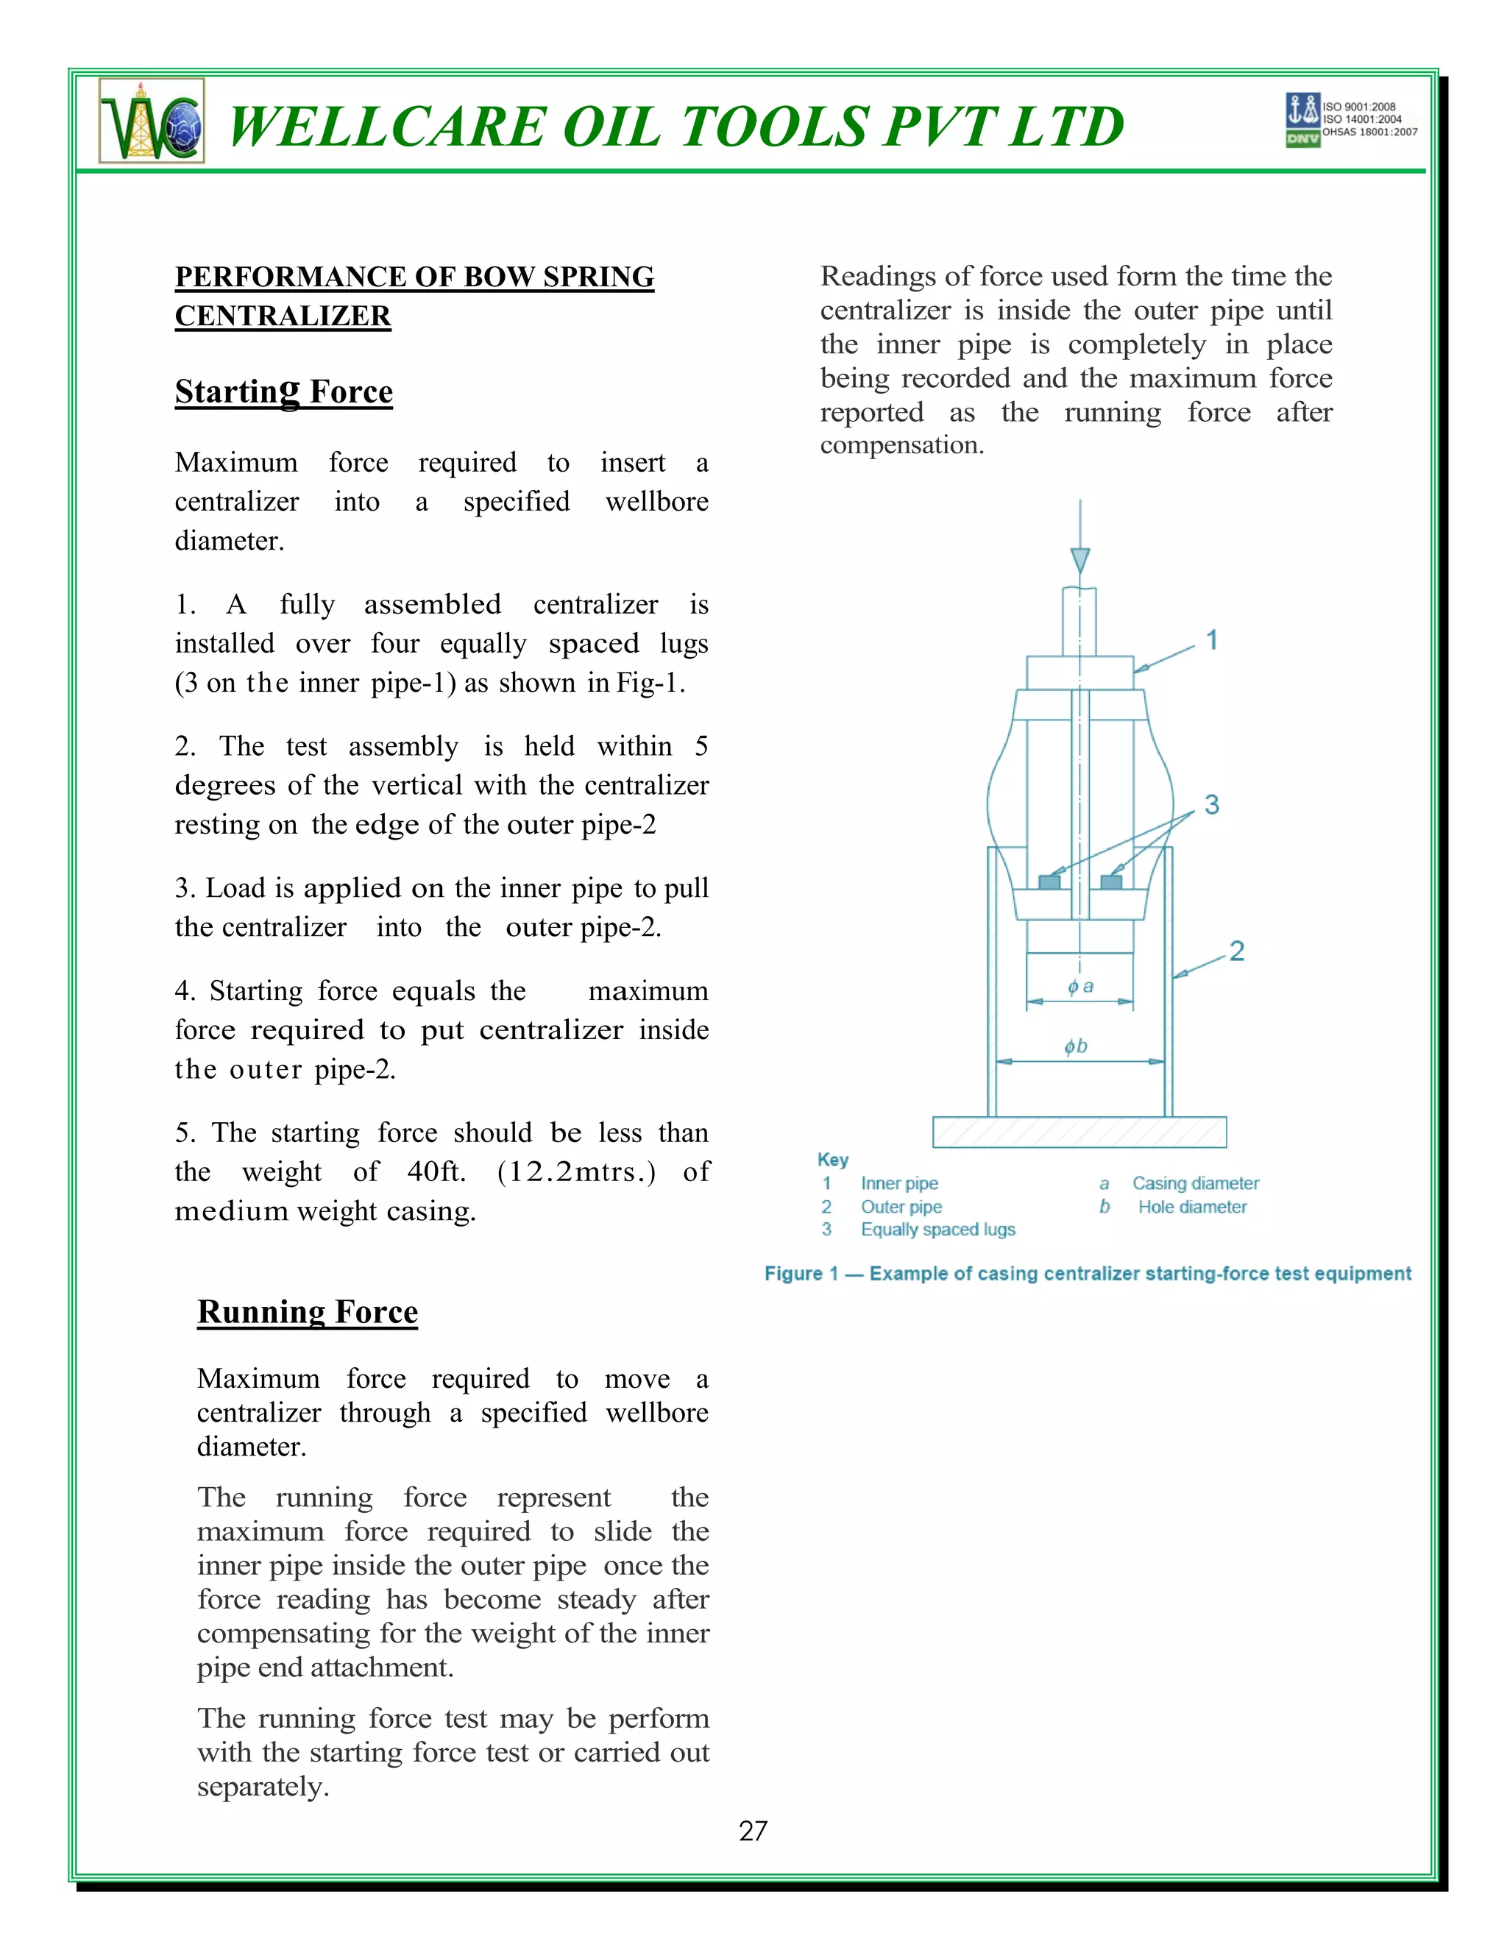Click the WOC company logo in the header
coord(152,121)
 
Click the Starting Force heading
coord(283,392)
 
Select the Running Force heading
coord(307,1311)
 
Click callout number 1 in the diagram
coord(1211,640)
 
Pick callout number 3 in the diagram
coord(1211,804)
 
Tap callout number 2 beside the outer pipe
coord(1236,951)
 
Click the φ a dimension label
coord(1080,987)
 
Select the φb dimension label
coord(1076,1046)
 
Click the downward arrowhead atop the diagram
coord(1080,561)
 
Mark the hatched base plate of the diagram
coord(1079,1132)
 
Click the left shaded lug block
coord(1050,882)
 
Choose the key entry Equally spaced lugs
coord(937,1230)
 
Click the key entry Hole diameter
coord(1192,1207)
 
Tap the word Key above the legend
coord(832,1160)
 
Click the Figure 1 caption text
coord(1088,1274)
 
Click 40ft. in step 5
coord(436,1171)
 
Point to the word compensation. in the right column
coord(901,444)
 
